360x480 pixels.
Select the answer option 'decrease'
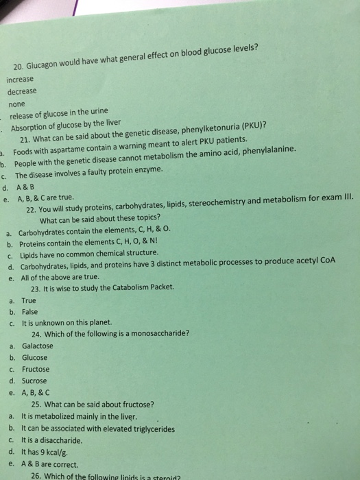click(22, 91)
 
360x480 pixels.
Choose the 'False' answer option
click(30, 311)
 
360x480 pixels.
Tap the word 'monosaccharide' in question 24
click(159, 334)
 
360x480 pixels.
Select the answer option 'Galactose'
click(38, 346)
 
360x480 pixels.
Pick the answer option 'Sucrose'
click(34, 381)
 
